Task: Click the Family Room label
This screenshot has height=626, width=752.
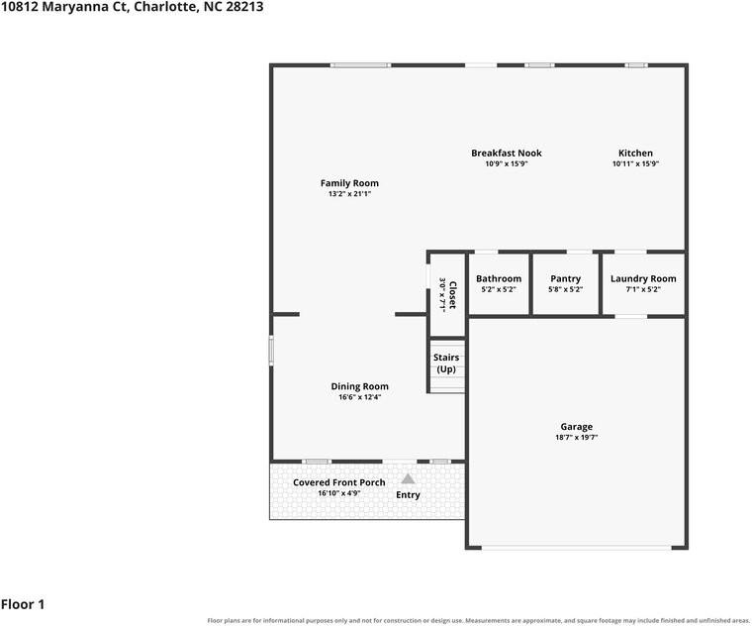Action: pyautogui.click(x=349, y=183)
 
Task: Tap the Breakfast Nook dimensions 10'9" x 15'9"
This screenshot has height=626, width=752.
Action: pyautogui.click(x=507, y=163)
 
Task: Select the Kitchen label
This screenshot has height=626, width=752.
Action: pyautogui.click(x=635, y=154)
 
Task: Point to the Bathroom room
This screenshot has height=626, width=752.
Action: pyautogui.click(x=499, y=284)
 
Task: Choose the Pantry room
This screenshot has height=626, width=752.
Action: pyautogui.click(x=565, y=284)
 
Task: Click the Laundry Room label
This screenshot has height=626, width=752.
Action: pyautogui.click(x=643, y=279)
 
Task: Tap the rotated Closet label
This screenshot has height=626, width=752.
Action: pyautogui.click(x=452, y=295)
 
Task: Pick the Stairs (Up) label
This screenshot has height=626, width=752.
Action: pyautogui.click(x=446, y=364)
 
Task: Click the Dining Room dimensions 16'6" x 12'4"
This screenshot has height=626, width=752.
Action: pyautogui.click(x=360, y=397)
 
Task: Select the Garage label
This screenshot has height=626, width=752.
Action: pyautogui.click(x=577, y=426)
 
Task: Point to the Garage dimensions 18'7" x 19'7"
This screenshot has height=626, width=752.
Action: pyautogui.click(x=577, y=438)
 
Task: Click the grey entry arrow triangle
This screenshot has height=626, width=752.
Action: pyautogui.click(x=408, y=478)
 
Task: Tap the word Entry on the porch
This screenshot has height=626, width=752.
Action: pyautogui.click(x=408, y=495)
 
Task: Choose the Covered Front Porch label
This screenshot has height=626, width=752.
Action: pyautogui.click(x=339, y=482)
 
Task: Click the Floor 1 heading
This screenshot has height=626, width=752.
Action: pyautogui.click(x=23, y=604)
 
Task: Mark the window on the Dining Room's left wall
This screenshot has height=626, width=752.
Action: pyautogui.click(x=271, y=351)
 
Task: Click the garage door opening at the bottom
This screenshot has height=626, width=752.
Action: pyautogui.click(x=577, y=548)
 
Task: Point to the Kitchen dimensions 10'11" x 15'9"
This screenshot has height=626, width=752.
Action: pyautogui.click(x=635, y=163)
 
